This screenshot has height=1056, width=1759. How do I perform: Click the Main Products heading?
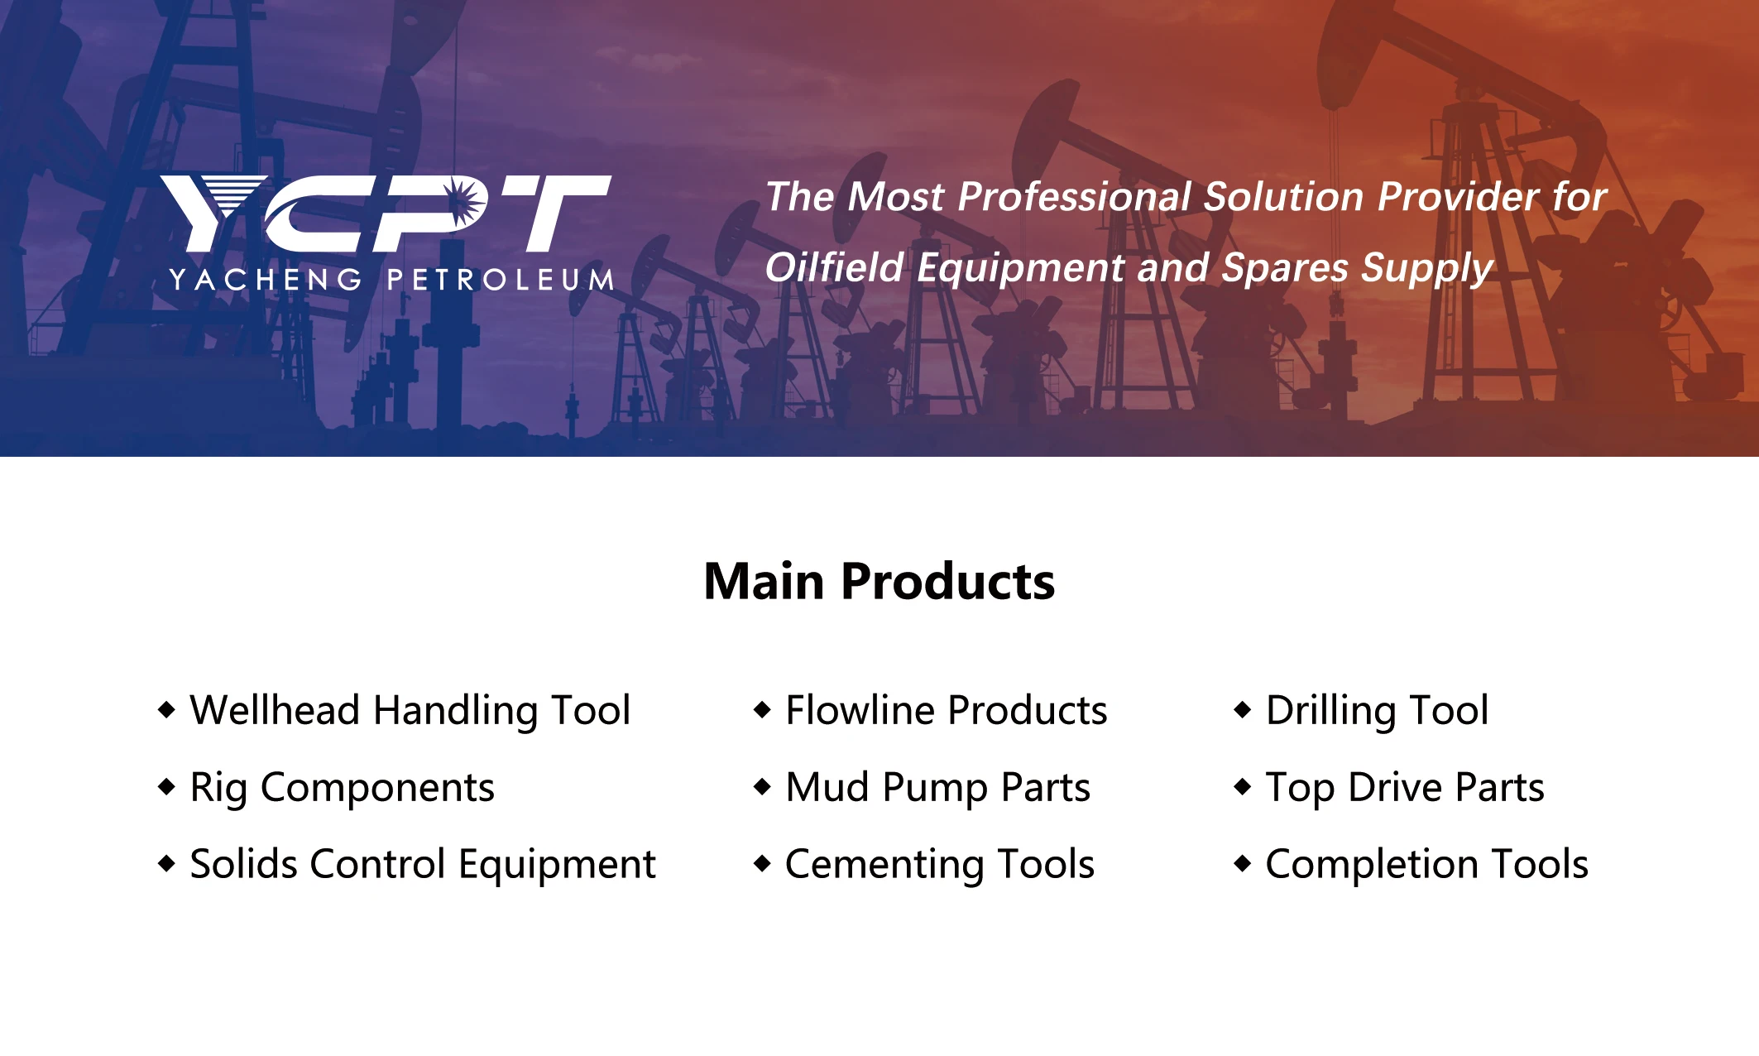(879, 581)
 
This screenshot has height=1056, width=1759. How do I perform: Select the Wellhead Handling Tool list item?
(410, 711)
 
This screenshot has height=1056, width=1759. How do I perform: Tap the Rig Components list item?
(343, 788)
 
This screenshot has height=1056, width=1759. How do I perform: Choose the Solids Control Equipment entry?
(423, 865)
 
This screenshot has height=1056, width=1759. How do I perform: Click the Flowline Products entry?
(947, 710)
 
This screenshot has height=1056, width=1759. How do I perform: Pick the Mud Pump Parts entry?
(938, 788)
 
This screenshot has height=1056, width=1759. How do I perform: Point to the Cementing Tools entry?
(940, 865)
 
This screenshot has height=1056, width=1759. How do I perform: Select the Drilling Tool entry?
(1378, 711)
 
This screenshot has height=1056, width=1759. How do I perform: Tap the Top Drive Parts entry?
(1405, 788)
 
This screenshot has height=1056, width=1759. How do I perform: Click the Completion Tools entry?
(1427, 865)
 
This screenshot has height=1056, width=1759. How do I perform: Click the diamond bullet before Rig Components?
(167, 786)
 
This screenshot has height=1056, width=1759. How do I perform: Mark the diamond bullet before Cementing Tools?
(763, 864)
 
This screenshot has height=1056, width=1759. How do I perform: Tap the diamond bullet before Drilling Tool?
(1243, 709)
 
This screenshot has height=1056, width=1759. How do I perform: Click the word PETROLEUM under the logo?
(501, 280)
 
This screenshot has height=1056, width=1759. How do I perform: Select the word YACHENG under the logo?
(266, 280)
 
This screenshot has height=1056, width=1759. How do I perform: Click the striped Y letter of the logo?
(213, 213)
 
